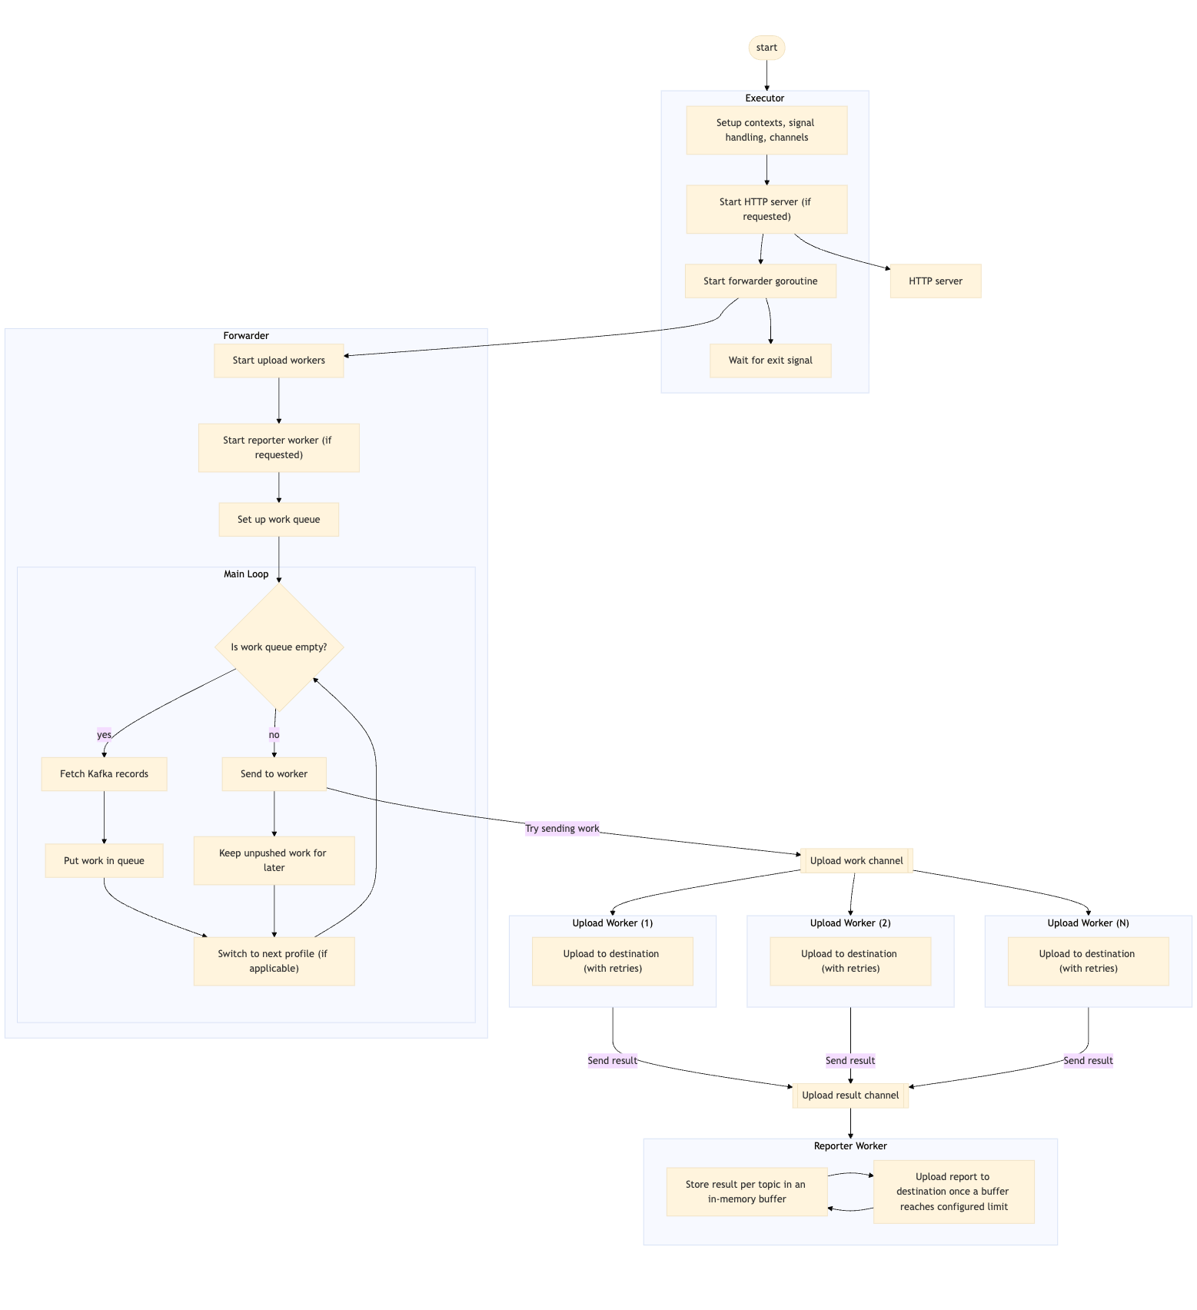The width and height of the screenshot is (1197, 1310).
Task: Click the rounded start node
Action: [x=766, y=48]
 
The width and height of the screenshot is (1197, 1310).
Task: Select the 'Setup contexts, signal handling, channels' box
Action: [x=766, y=130]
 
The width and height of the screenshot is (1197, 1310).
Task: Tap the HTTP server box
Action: [x=935, y=281]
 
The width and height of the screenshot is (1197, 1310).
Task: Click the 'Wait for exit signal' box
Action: [x=770, y=361]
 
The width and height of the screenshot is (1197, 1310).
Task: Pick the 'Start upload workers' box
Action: [x=278, y=361]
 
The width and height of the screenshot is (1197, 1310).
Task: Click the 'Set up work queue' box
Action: [x=278, y=520]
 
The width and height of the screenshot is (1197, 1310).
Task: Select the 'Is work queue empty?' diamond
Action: [x=278, y=647]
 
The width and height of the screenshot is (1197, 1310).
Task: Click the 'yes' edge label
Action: [x=104, y=735]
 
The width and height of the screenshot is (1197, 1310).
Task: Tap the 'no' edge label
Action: [x=274, y=735]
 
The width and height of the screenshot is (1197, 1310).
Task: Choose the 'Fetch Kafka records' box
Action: [x=104, y=774]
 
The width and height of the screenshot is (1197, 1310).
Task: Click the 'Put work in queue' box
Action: [x=104, y=861]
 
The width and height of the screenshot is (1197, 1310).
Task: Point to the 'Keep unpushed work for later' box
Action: [x=274, y=860]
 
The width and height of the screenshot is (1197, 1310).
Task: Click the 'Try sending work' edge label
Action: [x=562, y=829]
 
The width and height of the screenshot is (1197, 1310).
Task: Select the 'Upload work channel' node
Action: [x=856, y=861]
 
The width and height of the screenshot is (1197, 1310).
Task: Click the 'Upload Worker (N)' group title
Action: [x=1088, y=923]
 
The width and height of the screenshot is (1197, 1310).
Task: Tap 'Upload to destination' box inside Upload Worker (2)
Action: [x=850, y=961]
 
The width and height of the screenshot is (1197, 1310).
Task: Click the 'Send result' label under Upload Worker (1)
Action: [x=612, y=1061]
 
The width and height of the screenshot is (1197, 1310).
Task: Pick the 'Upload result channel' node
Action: [x=850, y=1096]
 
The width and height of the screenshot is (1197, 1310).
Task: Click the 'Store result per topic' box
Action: [x=746, y=1192]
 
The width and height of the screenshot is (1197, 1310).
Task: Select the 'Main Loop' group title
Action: [x=246, y=574]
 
